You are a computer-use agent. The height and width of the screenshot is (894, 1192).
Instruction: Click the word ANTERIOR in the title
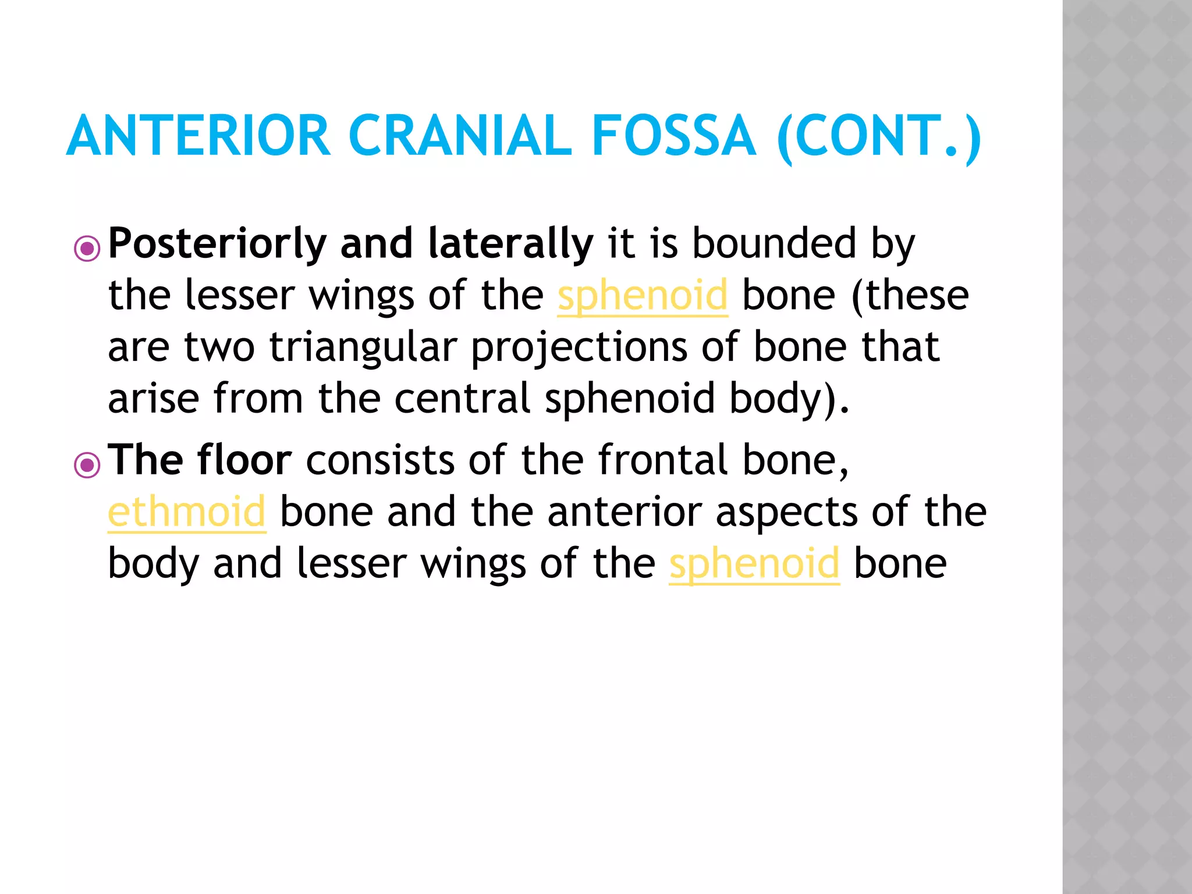pyautogui.click(x=198, y=136)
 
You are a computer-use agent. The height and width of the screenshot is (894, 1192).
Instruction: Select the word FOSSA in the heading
pyautogui.click(x=673, y=136)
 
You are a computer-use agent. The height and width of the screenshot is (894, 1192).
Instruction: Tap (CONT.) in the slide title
pyautogui.click(x=879, y=137)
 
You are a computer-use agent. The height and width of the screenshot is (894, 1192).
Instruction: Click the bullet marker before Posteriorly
pyautogui.click(x=87, y=249)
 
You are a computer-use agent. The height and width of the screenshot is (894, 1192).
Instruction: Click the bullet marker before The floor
pyautogui.click(x=87, y=465)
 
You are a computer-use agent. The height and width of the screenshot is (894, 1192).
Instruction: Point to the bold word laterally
pyautogui.click(x=510, y=243)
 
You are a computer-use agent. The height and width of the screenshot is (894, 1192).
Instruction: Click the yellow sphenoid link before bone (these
pyautogui.click(x=643, y=296)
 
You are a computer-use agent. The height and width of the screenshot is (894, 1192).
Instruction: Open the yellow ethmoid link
pyautogui.click(x=187, y=512)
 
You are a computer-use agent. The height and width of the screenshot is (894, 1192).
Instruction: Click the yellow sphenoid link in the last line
pyautogui.click(x=754, y=564)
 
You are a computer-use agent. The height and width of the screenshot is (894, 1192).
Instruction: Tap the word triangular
pyautogui.click(x=363, y=347)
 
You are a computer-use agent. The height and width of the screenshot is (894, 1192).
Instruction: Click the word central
pyautogui.click(x=462, y=399)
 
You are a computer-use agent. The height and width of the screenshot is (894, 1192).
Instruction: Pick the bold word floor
pyautogui.click(x=244, y=460)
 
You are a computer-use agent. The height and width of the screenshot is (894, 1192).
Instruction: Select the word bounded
pyautogui.click(x=774, y=243)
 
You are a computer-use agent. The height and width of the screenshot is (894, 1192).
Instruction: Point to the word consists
pyautogui.click(x=380, y=460)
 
